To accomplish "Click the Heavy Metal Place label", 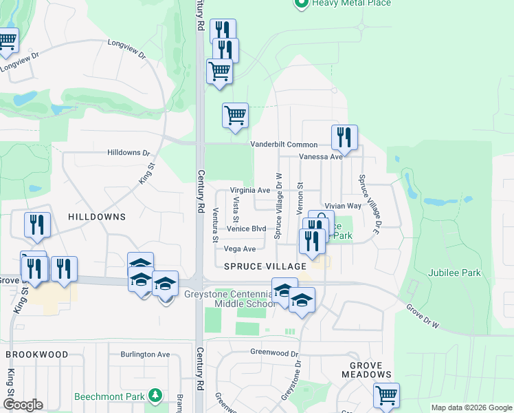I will (351, 3).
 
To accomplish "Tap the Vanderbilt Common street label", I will (283, 145).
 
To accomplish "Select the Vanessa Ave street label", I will (320, 157).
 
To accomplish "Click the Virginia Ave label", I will (249, 190).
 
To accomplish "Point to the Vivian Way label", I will (343, 206).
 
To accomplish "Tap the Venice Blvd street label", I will (246, 229).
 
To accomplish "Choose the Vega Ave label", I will (240, 248).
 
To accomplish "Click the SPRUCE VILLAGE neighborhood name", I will (265, 266).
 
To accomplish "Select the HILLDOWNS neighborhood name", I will (97, 216).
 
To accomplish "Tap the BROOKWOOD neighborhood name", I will (37, 354).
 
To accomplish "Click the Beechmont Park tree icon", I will (157, 395).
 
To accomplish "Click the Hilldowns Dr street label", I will (128, 152).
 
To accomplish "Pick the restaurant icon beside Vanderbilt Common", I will (344, 138).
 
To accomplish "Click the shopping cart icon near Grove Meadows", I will (386, 396).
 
